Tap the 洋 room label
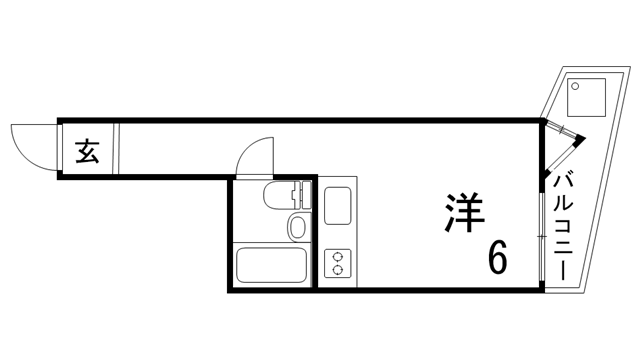[x=464, y=212]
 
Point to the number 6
[x=497, y=258]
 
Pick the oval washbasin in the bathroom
[x=296, y=226]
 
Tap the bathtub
[x=269, y=265]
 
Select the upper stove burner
[x=337, y=254]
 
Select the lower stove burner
[x=337, y=270]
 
